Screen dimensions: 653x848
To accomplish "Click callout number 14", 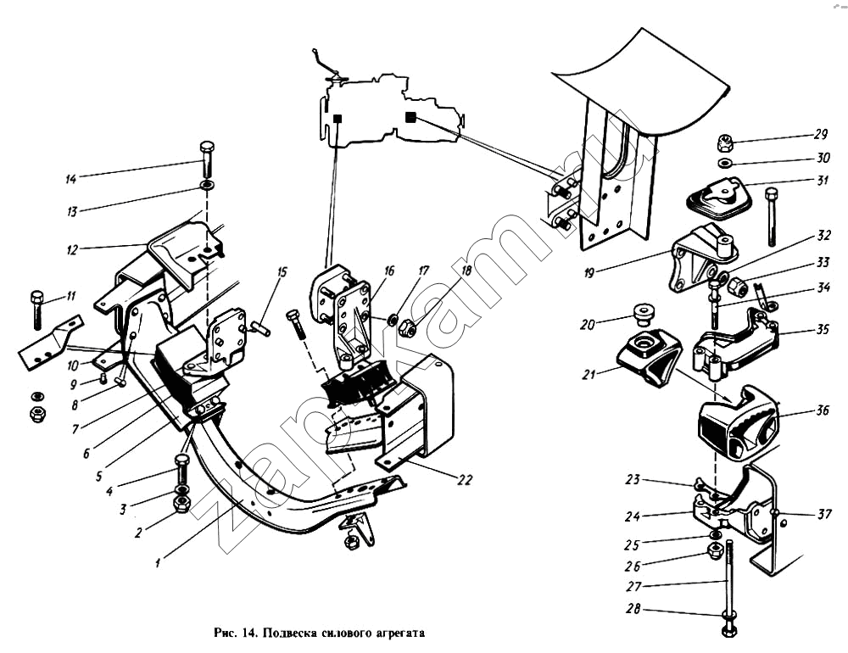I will [x=71, y=179].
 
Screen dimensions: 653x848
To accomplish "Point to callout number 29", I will [x=821, y=135].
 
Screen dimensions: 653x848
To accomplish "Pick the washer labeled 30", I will [x=726, y=162].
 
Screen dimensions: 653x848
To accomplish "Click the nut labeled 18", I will [x=405, y=326].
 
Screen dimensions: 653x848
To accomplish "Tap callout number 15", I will [x=282, y=273].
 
